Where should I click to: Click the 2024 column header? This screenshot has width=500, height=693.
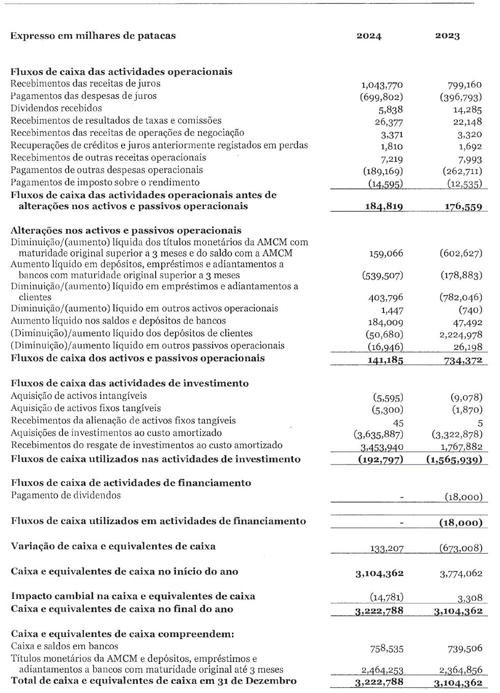coord(369,36)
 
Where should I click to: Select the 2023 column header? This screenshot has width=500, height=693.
coord(448,36)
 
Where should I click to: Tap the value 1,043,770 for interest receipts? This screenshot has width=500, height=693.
coord(381,85)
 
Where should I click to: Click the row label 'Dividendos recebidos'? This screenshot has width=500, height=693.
coord(56,108)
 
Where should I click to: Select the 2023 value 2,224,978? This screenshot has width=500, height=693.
coord(460,335)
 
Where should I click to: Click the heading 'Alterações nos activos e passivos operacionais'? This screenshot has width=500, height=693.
coord(126,230)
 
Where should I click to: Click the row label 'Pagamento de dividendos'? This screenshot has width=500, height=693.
coord(66,495)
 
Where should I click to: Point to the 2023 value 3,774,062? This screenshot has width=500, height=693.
coord(461,573)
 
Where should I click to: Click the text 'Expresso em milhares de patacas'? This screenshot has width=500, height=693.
coord(93,36)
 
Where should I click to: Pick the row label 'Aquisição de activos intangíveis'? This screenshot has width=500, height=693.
coord(78,396)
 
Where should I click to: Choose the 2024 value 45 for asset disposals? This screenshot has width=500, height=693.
coord(398,422)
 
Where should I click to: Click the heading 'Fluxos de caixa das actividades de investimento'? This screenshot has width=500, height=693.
coord(130,384)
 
